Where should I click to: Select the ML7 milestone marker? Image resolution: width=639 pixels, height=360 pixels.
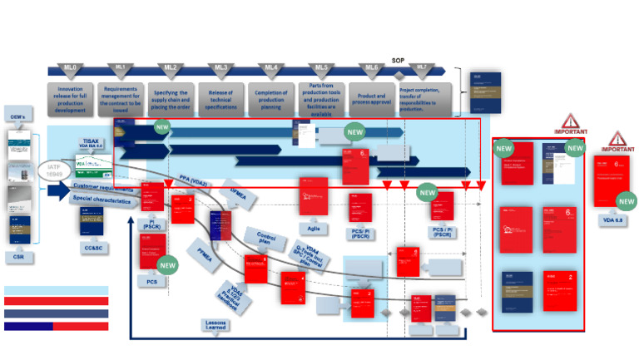coord(422,67)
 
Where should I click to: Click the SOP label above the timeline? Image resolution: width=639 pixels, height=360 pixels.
coord(398,60)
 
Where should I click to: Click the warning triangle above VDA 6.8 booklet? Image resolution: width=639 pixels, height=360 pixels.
coord(617,140)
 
